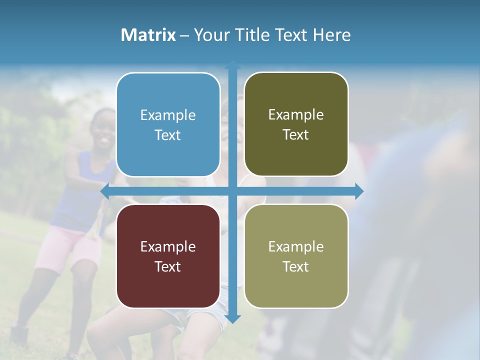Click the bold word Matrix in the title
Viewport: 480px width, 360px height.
pos(148,35)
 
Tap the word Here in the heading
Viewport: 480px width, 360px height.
pos(331,35)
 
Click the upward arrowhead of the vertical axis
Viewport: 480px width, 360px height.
pos(232,64)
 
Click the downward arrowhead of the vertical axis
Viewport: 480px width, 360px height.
pos(232,319)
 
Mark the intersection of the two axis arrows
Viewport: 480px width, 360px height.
pos(232,191)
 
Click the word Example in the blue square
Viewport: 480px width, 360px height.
pos(168,115)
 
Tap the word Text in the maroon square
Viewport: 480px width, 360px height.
pos(168,266)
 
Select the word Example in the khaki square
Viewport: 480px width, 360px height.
pos(296,246)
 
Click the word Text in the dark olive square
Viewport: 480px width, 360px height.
pos(296,135)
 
